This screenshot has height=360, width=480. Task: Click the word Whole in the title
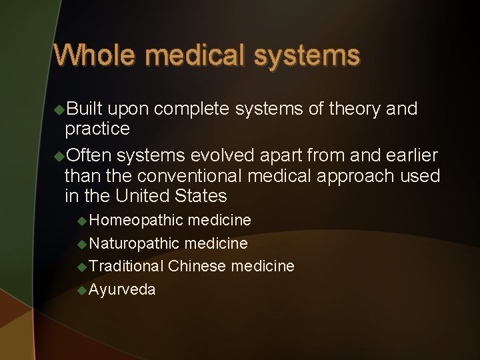click(95, 55)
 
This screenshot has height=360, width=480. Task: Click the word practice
click(97, 127)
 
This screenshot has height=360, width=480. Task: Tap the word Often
click(89, 155)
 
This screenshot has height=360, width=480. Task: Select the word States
click(204, 196)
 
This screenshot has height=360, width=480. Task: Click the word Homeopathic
click(136, 220)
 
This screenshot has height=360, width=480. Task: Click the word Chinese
click(197, 266)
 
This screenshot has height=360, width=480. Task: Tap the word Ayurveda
click(122, 289)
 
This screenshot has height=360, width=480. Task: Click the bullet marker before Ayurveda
click(81, 289)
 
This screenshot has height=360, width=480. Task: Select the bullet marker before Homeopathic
click(81, 220)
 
